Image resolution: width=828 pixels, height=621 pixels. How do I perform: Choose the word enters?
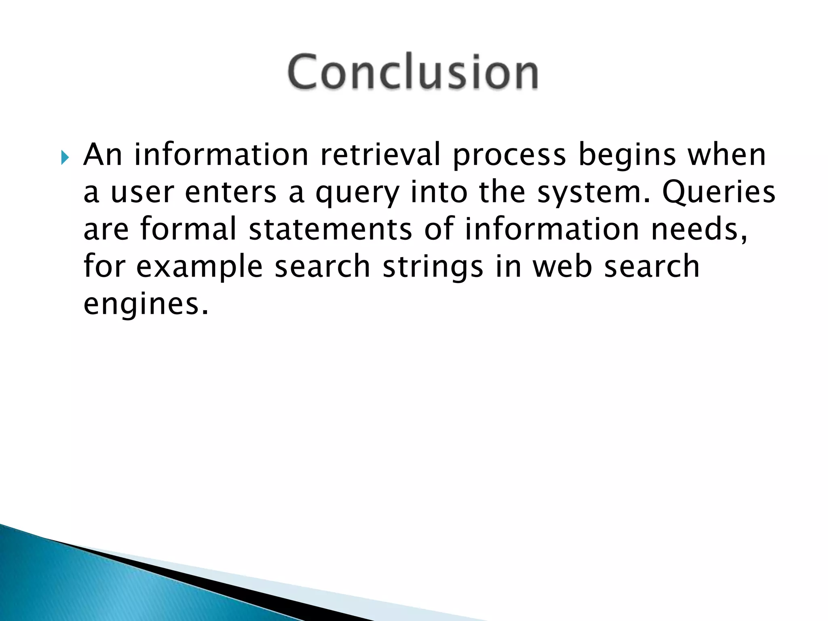tap(231, 193)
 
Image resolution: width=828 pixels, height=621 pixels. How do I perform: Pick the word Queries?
tap(719, 193)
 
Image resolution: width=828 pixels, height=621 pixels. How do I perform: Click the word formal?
tap(188, 229)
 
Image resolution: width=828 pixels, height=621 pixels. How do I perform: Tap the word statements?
tap(330, 229)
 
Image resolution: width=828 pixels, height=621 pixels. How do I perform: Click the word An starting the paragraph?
tap(103, 155)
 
